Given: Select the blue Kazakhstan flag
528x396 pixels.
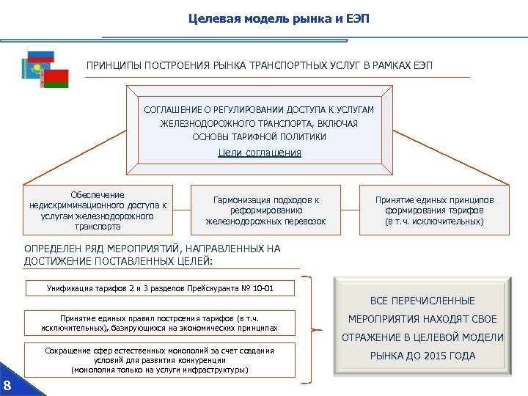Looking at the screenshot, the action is tap(29, 69).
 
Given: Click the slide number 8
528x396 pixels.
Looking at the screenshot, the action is tap(7, 386).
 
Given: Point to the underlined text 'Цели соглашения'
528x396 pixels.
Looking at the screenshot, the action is tap(260, 153).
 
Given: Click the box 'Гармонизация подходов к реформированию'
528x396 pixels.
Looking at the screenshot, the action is tap(265, 210).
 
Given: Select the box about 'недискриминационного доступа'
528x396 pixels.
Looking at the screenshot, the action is tap(98, 210).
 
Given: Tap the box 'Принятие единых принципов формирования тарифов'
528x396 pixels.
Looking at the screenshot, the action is tap(435, 210).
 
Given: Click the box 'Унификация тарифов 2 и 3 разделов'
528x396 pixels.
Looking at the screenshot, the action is tap(159, 288).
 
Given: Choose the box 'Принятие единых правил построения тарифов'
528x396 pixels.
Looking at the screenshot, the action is tap(159, 322).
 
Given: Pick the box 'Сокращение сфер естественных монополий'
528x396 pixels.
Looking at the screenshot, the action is tap(159, 360).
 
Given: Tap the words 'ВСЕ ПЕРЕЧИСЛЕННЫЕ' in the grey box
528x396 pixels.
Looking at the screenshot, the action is tap(422, 301).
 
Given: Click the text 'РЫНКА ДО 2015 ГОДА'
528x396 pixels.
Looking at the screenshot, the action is tap(422, 356).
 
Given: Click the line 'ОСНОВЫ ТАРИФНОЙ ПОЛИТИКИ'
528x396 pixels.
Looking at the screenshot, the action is tap(259, 136).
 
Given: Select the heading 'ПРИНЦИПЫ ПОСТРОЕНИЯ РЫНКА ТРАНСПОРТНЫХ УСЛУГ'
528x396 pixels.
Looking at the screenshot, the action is tap(259, 66).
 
